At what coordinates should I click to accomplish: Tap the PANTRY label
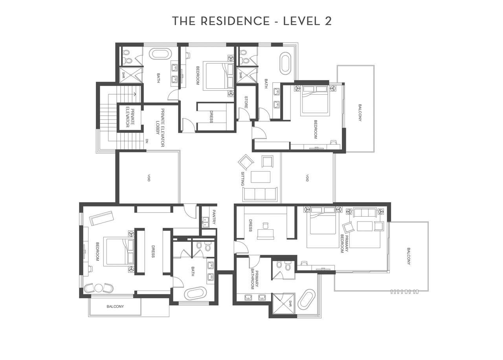click(x=214, y=217)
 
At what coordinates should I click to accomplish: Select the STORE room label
click(x=246, y=102)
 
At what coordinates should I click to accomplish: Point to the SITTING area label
click(x=242, y=179)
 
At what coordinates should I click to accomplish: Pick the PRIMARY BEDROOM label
click(x=344, y=243)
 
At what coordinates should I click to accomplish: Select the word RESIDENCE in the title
click(x=235, y=21)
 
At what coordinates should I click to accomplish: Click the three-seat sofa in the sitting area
click(x=260, y=194)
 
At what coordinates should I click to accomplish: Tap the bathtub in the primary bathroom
click(x=307, y=298)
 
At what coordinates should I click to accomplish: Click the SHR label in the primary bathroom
click(x=290, y=304)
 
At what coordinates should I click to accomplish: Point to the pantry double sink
click(x=205, y=223)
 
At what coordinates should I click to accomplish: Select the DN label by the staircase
click(x=147, y=141)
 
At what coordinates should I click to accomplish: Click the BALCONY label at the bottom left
click(x=115, y=306)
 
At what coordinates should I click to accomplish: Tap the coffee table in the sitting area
click(x=261, y=177)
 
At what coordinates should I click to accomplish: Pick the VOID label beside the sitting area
click(x=307, y=178)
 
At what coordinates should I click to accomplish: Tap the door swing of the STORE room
click(x=244, y=114)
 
